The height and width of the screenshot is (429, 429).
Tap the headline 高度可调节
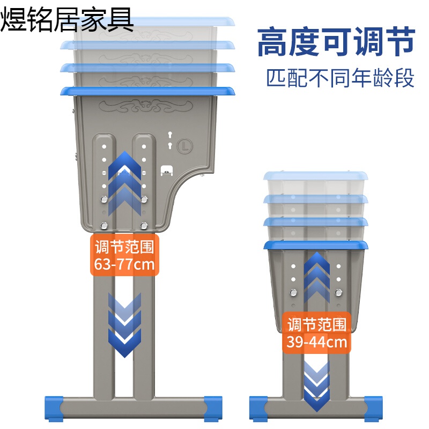point(336,43)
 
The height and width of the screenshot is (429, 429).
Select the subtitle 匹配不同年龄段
point(341,78)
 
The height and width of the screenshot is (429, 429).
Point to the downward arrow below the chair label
point(316,383)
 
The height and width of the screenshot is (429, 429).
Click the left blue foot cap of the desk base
point(53,408)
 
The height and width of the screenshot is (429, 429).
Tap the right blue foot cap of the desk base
point(213,408)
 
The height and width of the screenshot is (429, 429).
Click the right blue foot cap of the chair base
point(373,408)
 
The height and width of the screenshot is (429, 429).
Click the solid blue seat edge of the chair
point(316,246)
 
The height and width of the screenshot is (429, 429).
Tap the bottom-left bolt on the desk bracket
point(105,225)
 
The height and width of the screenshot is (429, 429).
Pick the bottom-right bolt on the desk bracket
point(144,225)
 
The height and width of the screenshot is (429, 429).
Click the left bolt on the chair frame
point(293,293)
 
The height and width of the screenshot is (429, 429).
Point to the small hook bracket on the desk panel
point(167,170)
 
